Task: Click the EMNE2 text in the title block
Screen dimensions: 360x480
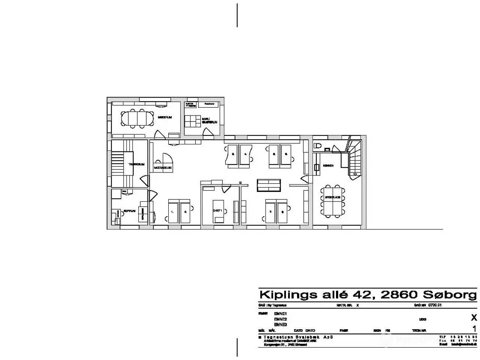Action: click(280, 319)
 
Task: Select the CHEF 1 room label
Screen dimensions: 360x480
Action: click(218, 211)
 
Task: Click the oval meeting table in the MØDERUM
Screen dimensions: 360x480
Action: click(137, 118)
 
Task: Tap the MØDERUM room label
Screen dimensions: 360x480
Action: click(165, 117)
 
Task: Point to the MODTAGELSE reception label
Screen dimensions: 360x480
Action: click(163, 168)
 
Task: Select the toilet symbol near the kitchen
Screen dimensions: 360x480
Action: click(317, 146)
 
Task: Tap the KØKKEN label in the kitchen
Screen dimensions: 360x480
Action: click(328, 165)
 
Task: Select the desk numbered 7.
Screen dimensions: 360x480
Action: click(270, 211)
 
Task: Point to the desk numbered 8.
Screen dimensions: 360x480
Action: click(283, 211)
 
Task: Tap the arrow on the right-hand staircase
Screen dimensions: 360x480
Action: click(353, 174)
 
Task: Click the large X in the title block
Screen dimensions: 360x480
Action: click(474, 318)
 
